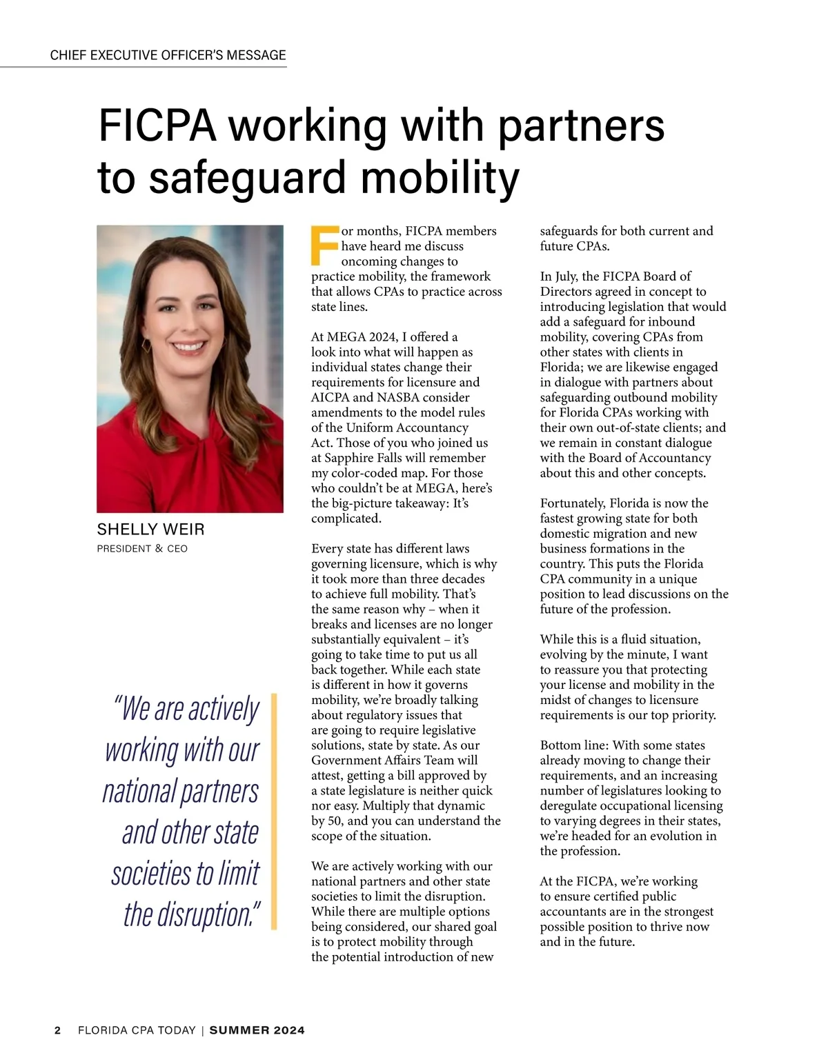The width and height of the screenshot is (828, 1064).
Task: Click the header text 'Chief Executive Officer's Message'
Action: tap(168, 55)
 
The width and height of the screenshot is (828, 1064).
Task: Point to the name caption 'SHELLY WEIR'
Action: tap(150, 530)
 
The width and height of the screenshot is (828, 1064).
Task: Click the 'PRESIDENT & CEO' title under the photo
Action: tap(142, 549)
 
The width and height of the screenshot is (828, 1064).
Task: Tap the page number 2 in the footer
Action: tap(58, 1030)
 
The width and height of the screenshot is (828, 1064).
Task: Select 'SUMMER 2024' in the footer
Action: tap(257, 1030)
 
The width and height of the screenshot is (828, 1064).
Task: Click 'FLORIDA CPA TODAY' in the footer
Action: tap(137, 1030)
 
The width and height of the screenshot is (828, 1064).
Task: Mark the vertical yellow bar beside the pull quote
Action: tap(273, 811)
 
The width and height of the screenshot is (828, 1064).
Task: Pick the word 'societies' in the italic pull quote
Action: tap(152, 873)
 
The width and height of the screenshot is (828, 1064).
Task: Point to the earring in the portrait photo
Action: tap(146, 343)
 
